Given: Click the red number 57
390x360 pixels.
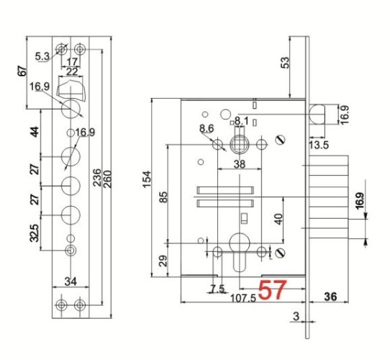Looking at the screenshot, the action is coord(273,289).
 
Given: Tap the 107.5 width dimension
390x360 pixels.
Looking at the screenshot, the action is coord(243,298).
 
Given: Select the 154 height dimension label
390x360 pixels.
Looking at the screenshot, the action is coord(147,179).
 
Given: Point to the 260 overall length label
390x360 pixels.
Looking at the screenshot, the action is coord(107,179).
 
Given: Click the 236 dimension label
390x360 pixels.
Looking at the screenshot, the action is coord(97,178).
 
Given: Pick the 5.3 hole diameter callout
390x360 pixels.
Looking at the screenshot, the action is coord(42,56).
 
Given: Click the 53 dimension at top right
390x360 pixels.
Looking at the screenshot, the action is coord(285,63).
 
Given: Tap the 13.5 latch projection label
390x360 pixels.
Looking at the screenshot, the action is coord(319,145).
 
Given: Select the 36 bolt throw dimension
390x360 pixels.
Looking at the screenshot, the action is coord(330,297).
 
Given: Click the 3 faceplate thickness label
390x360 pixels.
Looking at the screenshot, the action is coord(296,316).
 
